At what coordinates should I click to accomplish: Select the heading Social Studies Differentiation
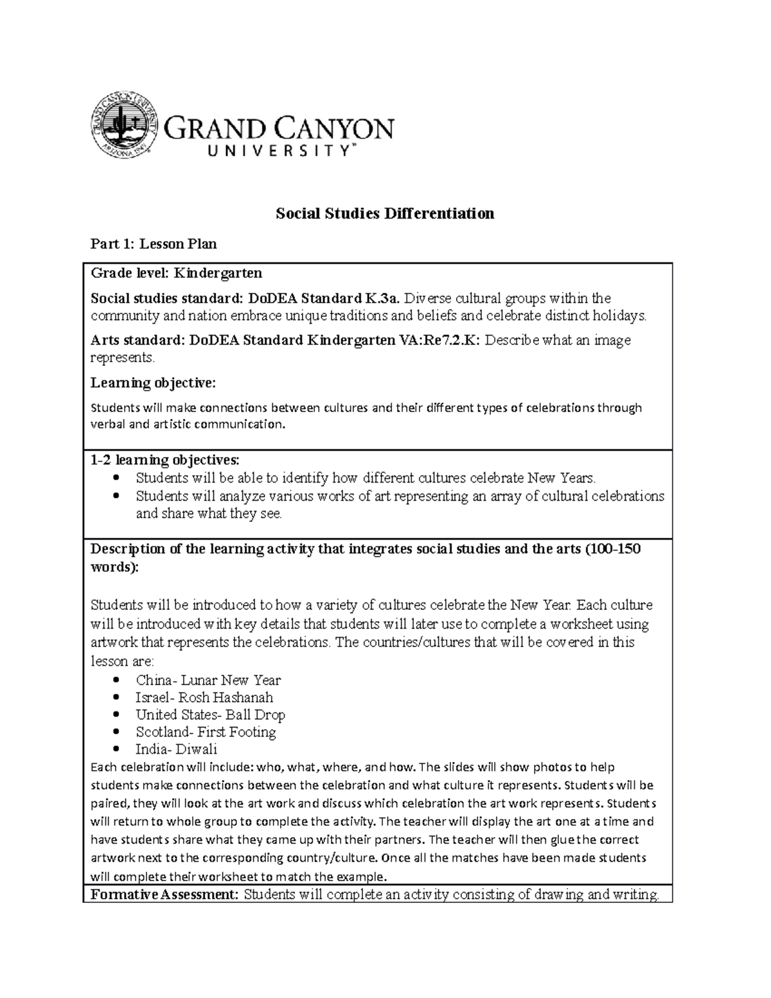coord(385,213)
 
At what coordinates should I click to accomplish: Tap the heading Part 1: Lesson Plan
coord(154,244)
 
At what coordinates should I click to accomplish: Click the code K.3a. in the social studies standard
coord(383,298)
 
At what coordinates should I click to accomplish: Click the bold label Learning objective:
coord(154,383)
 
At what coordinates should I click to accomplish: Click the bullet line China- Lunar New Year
coord(208,680)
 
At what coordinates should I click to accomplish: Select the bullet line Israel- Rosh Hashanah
coord(204,697)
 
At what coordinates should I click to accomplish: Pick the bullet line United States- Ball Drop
coord(210,715)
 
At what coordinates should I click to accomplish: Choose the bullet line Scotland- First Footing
coord(206,732)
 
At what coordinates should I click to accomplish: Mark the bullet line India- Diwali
coord(176,749)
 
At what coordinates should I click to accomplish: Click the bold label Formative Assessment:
coord(164,895)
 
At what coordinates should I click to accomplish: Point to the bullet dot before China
coord(116,680)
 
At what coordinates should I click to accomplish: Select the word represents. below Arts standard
coord(123,357)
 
